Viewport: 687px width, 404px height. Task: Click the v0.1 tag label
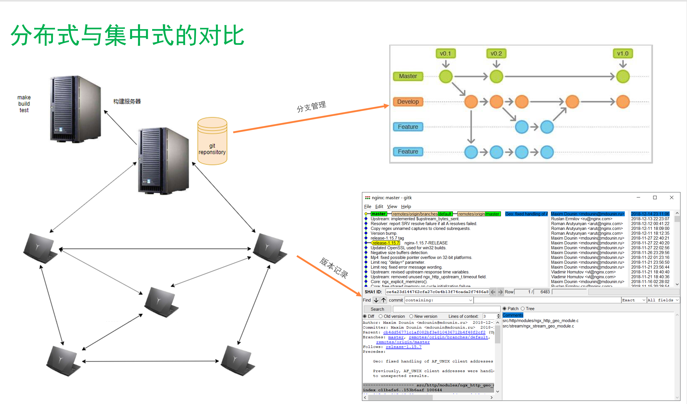[445, 53]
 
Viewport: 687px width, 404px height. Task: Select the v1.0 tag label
[623, 53]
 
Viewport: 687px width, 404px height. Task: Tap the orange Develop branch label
[408, 101]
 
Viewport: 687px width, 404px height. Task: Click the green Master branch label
[408, 76]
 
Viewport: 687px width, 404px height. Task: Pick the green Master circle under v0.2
[496, 76]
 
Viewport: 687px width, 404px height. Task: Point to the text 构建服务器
[127, 101]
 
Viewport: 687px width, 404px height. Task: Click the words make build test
[24, 104]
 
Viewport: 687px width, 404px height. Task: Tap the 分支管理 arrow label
[311, 106]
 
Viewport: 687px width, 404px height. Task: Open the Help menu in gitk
[406, 206]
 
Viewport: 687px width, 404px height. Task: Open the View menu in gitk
[392, 206]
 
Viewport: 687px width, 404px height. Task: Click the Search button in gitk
[377, 309]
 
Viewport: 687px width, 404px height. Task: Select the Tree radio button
[523, 308]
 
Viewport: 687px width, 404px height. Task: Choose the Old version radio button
[381, 316]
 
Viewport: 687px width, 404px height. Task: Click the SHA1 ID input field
[437, 292]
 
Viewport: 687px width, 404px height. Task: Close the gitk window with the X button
[671, 197]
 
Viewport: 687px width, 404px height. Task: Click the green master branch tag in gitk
[379, 214]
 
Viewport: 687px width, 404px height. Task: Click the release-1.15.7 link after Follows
[403, 347]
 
